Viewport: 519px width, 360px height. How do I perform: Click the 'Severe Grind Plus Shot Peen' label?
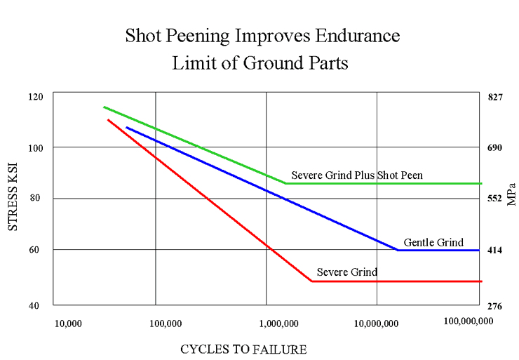coord(357,175)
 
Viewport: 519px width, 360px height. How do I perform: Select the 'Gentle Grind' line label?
coord(433,243)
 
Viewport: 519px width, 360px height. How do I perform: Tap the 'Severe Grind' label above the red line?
coord(346,272)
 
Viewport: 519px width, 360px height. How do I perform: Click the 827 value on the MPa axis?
coord(495,97)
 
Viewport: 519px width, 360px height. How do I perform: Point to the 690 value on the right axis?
coord(495,147)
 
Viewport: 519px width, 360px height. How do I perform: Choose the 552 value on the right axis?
coord(495,199)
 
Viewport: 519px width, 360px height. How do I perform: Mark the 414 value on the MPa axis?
coord(495,250)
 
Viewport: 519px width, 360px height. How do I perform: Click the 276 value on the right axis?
coord(495,305)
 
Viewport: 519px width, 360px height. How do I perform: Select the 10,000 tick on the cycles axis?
coord(68,324)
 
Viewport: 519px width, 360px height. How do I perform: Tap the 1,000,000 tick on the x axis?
coord(278,324)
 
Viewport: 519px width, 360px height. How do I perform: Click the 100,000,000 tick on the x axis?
coord(469,321)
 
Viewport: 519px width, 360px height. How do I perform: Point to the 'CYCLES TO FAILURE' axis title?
coord(243,349)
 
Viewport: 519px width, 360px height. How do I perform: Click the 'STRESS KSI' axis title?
coord(13,199)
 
